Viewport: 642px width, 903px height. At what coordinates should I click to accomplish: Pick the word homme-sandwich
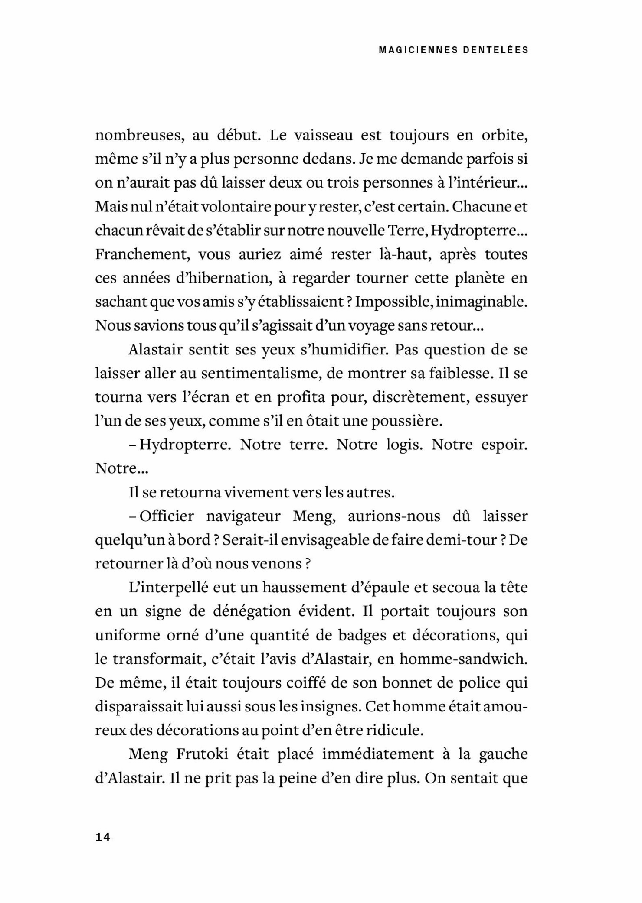tap(463, 659)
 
